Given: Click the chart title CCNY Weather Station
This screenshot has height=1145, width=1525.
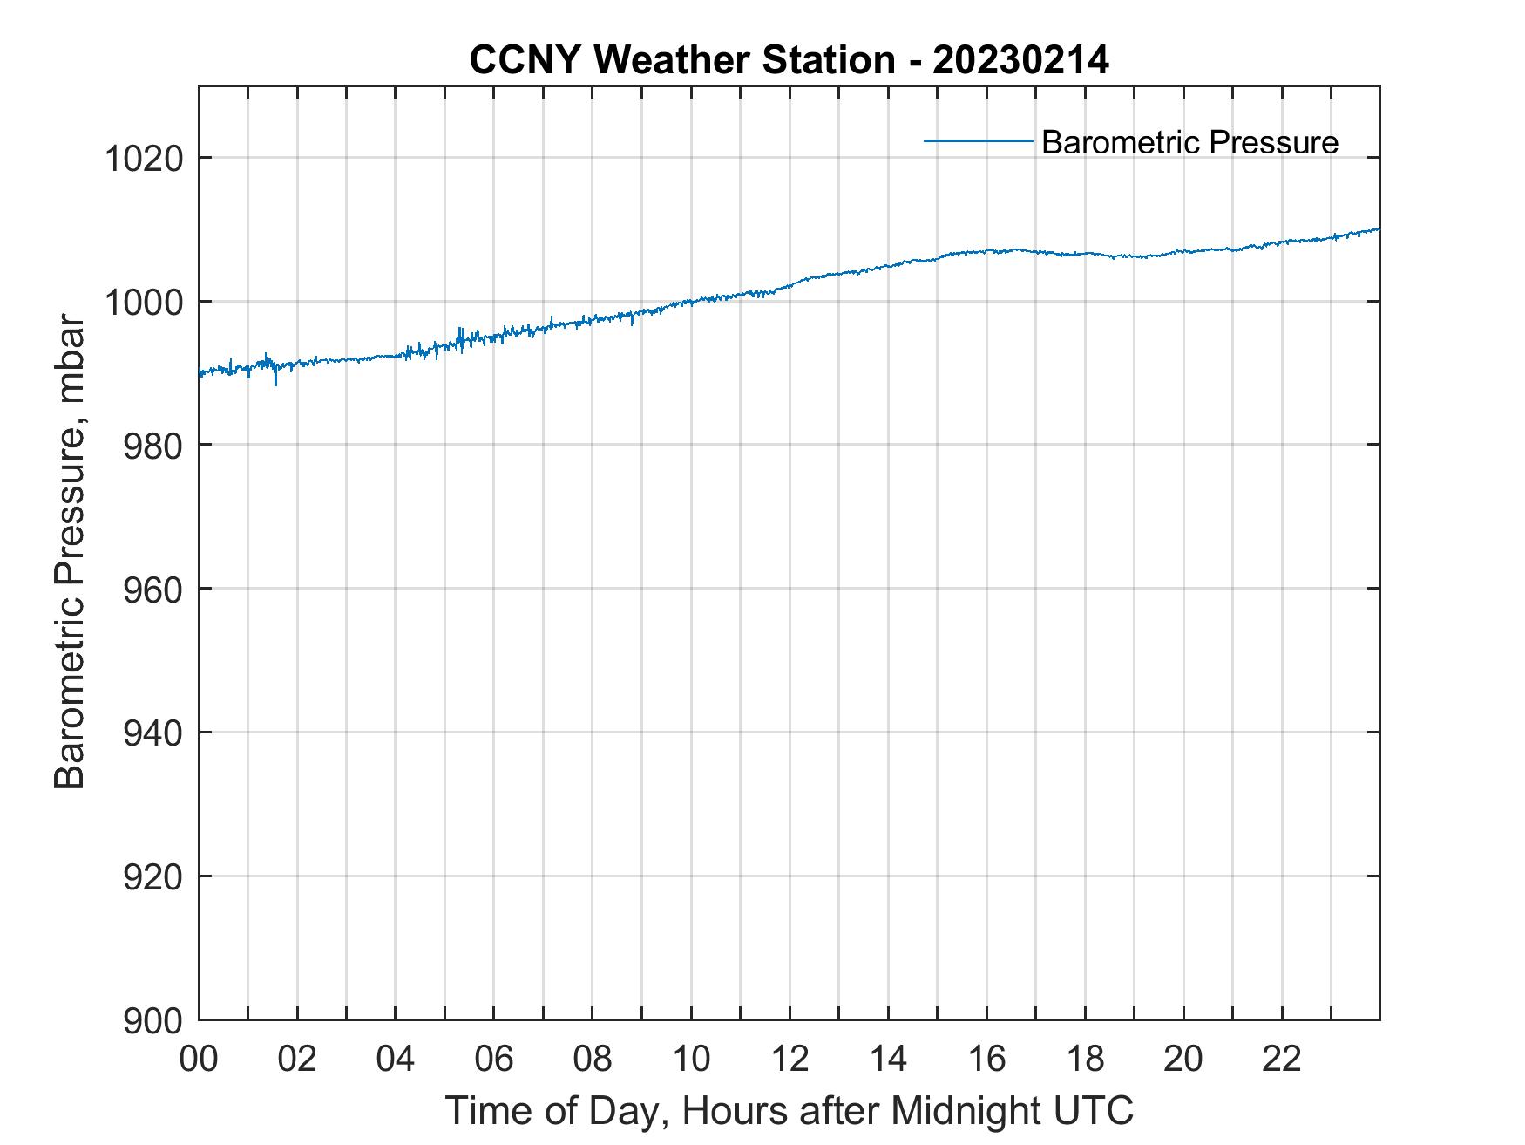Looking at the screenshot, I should (681, 60).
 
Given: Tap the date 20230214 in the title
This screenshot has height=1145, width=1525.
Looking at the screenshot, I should (1020, 60).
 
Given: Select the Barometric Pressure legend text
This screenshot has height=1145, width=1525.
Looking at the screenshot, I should (1189, 142).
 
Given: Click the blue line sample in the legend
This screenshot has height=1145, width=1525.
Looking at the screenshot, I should (978, 140).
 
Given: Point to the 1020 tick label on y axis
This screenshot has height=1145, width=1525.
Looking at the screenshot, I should (143, 159).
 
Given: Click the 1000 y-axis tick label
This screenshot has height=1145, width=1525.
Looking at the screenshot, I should (143, 303).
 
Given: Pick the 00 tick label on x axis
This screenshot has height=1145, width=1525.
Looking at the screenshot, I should (199, 1058).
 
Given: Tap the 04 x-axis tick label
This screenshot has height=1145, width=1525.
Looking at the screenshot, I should (396, 1058).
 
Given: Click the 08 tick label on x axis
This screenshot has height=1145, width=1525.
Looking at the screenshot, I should (593, 1058).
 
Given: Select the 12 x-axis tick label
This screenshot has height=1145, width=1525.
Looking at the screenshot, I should (790, 1058).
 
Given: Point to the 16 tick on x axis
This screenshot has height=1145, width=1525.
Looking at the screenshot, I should (986, 1058).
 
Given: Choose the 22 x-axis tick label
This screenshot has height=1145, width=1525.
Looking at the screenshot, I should (1282, 1058).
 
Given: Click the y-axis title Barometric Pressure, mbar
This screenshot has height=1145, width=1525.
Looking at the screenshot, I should (70, 553).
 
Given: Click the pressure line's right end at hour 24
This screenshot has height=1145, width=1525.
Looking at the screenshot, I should (1379, 229).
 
